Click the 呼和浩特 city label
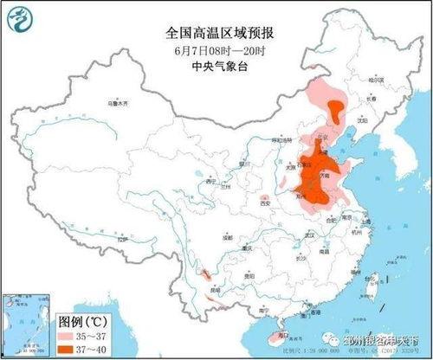click(x=282, y=138)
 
